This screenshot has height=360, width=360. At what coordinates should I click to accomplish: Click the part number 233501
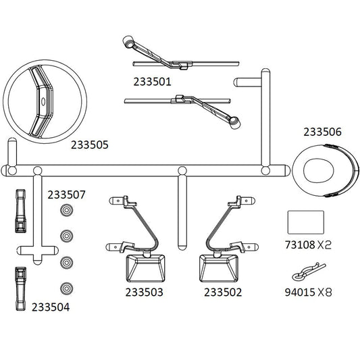pos(153,82)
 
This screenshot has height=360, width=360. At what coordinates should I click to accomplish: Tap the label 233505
pos(90,145)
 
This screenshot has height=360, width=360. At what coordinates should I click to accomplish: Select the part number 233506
pos(323,132)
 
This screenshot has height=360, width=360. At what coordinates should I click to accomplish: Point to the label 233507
pos(66,195)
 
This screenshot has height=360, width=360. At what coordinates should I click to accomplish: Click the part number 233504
pos(51,307)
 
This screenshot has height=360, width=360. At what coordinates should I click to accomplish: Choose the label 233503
pos(144,292)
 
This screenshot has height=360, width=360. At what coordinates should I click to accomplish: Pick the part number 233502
pos(223,292)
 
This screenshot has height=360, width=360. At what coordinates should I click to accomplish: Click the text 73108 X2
pos(308,245)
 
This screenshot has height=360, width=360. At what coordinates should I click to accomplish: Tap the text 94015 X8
pos(308,292)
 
